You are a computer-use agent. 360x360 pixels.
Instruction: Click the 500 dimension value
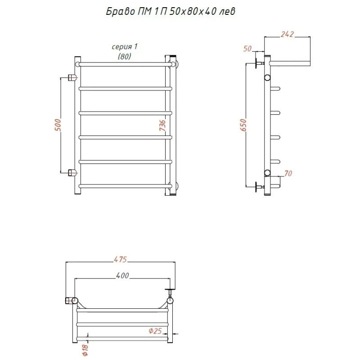(x=58, y=125)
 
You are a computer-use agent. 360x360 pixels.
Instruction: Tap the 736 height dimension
(x=162, y=125)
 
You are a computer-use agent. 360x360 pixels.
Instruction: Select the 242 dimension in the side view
(x=287, y=34)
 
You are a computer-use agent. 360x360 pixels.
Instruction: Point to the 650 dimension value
(x=243, y=125)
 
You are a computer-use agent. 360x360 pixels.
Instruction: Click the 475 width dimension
(x=120, y=259)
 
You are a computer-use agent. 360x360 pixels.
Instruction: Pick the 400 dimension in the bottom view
(x=122, y=275)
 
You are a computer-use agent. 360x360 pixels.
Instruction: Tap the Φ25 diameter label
(x=155, y=331)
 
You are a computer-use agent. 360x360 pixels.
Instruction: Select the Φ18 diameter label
(x=85, y=350)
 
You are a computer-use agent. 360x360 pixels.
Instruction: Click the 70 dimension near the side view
(x=288, y=173)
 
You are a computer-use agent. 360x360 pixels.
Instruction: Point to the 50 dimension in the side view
(x=247, y=49)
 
